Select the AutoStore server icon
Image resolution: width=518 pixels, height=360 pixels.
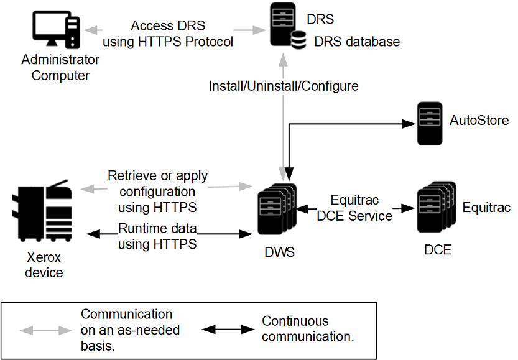point(429,122)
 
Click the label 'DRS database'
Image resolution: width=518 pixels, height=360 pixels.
point(356,42)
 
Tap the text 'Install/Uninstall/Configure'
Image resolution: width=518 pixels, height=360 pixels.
point(284,86)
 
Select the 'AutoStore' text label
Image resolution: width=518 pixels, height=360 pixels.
point(479,121)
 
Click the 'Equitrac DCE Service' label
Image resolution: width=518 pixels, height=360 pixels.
point(354,208)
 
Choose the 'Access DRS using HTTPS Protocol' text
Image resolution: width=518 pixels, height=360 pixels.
point(167,34)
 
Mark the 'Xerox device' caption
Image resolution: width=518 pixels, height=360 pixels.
point(44,264)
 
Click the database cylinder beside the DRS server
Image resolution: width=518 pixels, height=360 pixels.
point(299,41)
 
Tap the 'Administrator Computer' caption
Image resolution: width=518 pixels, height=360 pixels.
point(60,68)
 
